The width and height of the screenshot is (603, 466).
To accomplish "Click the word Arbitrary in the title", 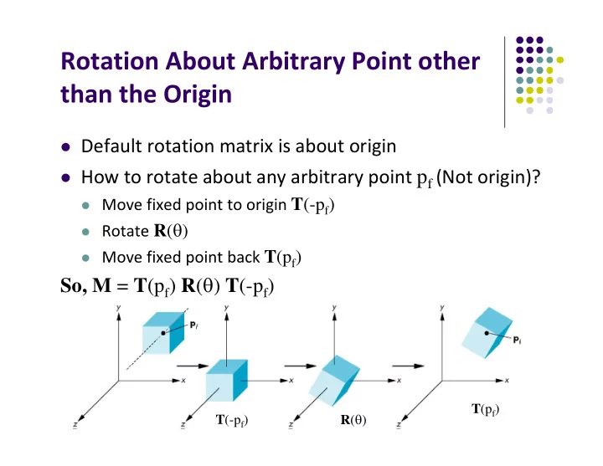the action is click(294, 61).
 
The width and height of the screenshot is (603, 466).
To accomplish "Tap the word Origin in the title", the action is click(198, 95).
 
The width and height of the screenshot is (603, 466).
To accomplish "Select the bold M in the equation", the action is click(101, 285).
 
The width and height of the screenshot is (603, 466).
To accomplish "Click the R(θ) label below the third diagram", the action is click(353, 420).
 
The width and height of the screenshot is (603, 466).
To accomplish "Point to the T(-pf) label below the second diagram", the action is click(232, 420).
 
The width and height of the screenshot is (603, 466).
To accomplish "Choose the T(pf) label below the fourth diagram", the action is click(485, 409).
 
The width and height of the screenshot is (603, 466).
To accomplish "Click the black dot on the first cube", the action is click(163, 333).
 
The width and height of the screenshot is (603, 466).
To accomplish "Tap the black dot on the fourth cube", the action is click(487, 333).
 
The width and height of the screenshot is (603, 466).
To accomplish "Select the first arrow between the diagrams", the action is click(193, 366).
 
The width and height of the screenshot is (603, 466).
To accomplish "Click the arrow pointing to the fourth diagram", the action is click(408, 366).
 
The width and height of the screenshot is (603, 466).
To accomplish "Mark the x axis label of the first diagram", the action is click(183, 381).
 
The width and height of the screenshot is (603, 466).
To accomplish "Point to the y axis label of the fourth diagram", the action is click(442, 308).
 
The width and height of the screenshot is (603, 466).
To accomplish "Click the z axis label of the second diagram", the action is click(183, 425).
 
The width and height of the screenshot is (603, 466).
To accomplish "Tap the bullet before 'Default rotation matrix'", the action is click(66, 146).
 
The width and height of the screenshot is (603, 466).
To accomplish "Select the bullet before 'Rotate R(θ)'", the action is click(85, 232).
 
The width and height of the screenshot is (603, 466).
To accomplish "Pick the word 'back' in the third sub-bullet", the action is click(244, 258).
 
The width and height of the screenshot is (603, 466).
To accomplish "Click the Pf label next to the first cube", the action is click(193, 325).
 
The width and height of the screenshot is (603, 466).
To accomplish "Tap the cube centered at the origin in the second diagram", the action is click(227, 381).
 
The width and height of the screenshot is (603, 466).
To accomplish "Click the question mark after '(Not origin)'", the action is click(536, 177).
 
